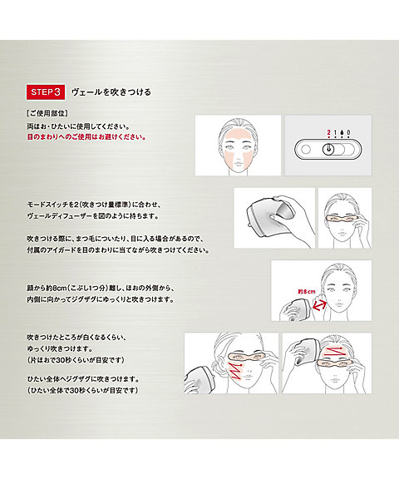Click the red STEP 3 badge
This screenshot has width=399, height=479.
coord(46,92)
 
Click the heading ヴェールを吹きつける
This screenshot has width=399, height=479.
coord(111,92)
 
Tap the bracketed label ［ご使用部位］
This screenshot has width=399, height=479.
coord(47,113)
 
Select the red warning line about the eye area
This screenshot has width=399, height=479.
coord(86,136)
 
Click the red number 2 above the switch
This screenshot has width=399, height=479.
coord(328,132)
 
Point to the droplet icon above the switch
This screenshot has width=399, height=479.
coord(342,132)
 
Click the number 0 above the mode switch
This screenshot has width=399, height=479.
coord(348,132)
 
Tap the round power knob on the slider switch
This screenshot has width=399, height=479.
coord(328,150)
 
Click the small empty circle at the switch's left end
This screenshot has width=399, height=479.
coord(305,150)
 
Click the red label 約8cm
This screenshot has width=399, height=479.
coord(307,292)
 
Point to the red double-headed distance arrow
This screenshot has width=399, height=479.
coord(318,306)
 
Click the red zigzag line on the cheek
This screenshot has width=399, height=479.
coord(234,370)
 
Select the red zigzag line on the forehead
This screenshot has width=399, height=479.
coord(334,353)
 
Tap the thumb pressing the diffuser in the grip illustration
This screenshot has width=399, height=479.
coord(278,217)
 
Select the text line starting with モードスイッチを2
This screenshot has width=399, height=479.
coord(93,205)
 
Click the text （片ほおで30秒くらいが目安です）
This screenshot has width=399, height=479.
coord(76,360)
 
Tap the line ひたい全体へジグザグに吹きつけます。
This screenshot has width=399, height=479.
coord(83,379)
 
